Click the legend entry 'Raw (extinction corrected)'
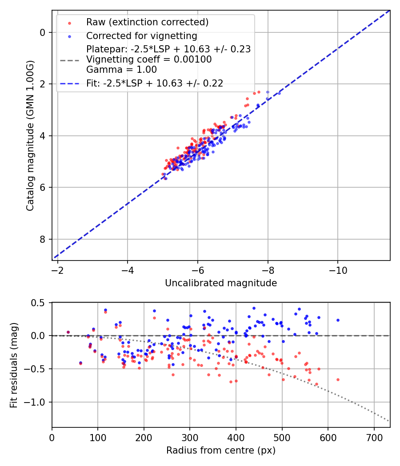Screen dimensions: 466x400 point(147,22)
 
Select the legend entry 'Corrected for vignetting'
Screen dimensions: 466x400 point(141,36)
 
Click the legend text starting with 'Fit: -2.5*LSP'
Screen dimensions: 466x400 point(155,83)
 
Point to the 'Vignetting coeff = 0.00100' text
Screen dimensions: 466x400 point(149,59)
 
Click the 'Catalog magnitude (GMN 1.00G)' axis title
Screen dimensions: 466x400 point(30,135)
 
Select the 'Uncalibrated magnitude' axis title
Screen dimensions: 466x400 point(221,283)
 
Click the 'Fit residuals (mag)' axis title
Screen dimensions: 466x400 point(14,365)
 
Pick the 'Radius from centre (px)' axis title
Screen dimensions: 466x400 point(221,450)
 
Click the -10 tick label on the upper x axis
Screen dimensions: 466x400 point(338,270)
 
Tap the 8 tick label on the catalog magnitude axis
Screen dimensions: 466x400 point(42,239)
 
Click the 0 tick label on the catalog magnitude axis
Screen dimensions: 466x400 point(42,32)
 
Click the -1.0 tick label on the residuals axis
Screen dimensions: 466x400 point(36,402)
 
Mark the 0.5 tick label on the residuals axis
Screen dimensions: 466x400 point(39,303)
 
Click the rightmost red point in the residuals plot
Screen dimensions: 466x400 point(338,379)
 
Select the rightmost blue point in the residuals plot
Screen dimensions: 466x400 point(338,320)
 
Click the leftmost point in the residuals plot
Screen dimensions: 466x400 point(68,332)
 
